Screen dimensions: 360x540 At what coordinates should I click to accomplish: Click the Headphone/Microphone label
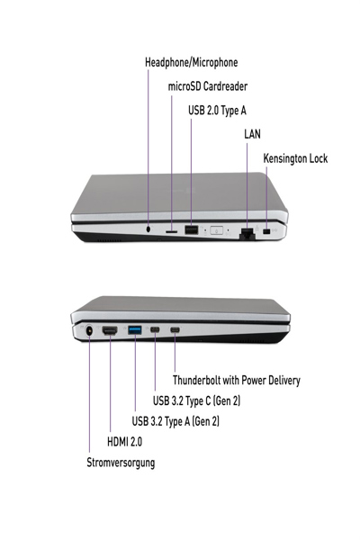(191, 63)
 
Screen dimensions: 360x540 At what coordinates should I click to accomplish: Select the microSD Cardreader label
(207, 86)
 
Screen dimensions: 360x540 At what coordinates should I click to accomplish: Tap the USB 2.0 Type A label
(217, 111)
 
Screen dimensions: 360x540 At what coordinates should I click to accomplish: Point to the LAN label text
(252, 134)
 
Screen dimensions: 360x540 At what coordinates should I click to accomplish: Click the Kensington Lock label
(295, 158)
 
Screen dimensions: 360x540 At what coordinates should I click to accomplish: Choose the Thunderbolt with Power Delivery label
(237, 380)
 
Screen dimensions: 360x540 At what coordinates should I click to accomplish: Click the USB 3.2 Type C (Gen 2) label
(196, 400)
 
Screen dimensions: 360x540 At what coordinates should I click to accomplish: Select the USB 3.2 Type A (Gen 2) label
(175, 421)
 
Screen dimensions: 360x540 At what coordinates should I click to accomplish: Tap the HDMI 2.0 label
(124, 442)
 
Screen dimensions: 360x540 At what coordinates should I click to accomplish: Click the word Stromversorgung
(121, 463)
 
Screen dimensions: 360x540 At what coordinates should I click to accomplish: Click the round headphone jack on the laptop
(148, 229)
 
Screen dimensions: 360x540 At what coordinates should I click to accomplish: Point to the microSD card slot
(172, 232)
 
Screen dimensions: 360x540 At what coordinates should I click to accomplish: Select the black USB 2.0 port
(192, 229)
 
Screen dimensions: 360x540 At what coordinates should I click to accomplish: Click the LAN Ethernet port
(247, 233)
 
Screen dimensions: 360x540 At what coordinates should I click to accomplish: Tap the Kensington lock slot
(266, 231)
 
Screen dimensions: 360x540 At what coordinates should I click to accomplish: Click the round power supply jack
(89, 330)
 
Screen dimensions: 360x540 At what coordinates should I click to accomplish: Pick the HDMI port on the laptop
(110, 330)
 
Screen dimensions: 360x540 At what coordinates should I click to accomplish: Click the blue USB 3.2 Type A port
(135, 330)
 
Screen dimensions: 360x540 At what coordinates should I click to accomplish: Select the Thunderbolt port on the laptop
(175, 330)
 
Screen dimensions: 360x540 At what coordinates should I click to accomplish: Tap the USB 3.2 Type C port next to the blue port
(155, 330)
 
